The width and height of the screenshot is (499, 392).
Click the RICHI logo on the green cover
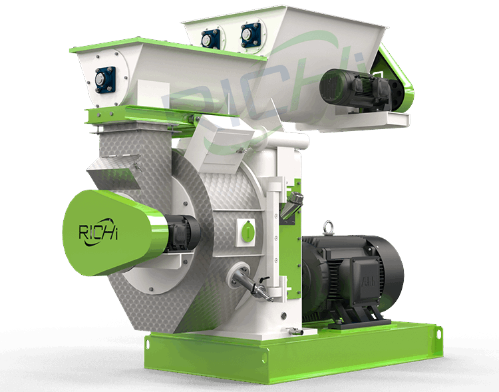[98, 232]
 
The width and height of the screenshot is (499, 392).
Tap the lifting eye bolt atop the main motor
[328, 228]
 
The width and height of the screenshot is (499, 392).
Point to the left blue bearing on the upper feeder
[211, 39]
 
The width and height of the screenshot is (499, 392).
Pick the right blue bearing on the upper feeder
[251, 35]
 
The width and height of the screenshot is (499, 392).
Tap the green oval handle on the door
[248, 231]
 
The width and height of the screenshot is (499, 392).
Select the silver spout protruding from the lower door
[252, 284]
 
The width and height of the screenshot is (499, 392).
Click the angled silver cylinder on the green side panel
[291, 206]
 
